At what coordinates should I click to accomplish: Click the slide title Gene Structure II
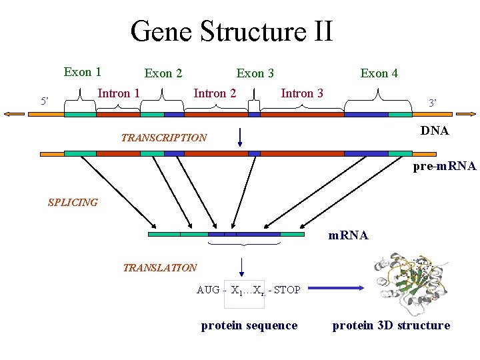231,31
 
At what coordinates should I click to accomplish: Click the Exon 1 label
83,72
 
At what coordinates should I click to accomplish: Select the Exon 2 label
163,73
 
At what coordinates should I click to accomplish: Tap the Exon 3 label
255,73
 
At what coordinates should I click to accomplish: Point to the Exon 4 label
379,73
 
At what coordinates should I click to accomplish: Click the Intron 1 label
119,93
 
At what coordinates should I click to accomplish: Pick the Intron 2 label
215,93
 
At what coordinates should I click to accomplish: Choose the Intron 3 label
302,93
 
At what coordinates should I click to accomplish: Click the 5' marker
45,101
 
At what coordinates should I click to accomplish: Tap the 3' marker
433,103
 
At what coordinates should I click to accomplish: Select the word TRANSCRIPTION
164,138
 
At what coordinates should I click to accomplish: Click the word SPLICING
73,203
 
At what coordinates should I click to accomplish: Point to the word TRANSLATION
160,268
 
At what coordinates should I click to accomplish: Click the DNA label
435,131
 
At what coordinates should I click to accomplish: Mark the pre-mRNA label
445,166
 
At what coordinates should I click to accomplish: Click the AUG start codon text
208,290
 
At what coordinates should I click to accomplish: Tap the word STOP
287,290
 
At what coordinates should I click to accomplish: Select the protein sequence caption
249,325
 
